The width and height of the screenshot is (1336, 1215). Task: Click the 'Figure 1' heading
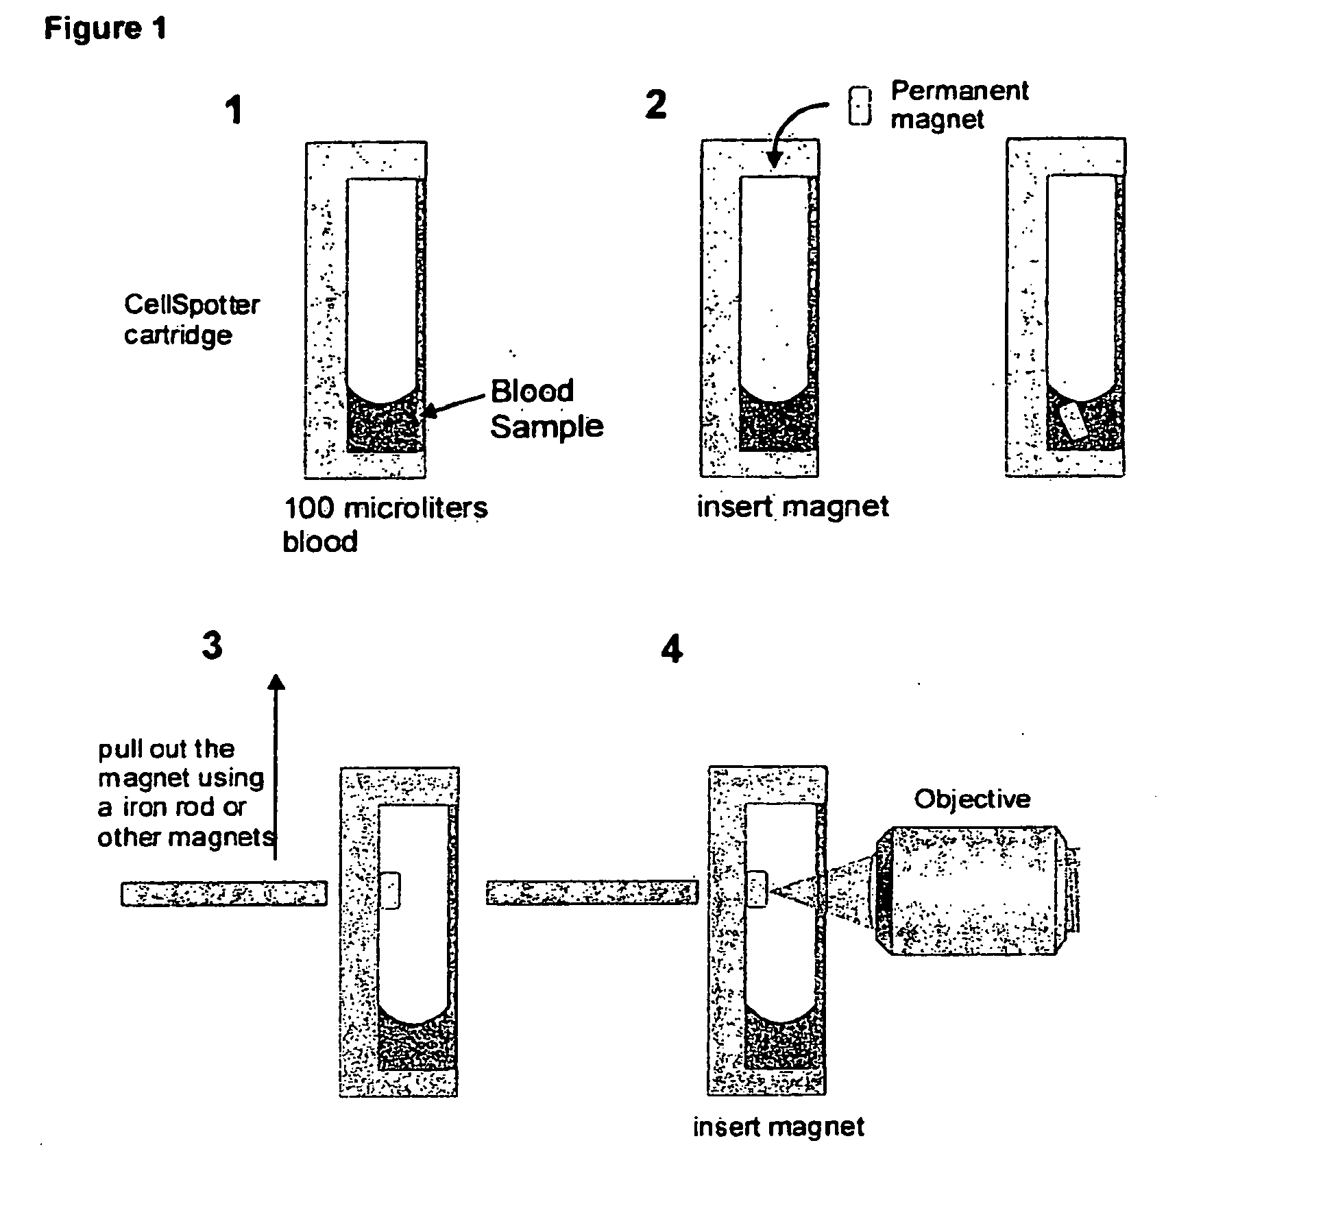(x=105, y=29)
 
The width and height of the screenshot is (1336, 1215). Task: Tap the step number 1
(x=235, y=110)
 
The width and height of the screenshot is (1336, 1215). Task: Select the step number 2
(x=656, y=105)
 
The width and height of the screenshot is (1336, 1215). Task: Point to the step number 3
(x=212, y=646)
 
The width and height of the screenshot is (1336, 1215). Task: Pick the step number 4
(x=672, y=649)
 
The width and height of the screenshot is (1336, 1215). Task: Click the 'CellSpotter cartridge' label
(x=191, y=320)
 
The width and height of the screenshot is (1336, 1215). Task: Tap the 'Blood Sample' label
(x=546, y=409)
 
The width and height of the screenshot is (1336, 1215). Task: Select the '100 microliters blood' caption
(x=385, y=525)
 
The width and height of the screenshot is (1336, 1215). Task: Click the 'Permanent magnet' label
(x=959, y=105)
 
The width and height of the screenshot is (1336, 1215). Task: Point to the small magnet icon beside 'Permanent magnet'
(x=860, y=106)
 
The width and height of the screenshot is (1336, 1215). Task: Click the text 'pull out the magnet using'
(x=180, y=763)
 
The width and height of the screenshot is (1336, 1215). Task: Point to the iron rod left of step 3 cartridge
(x=224, y=893)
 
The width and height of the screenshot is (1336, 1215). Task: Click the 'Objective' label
(x=972, y=799)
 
